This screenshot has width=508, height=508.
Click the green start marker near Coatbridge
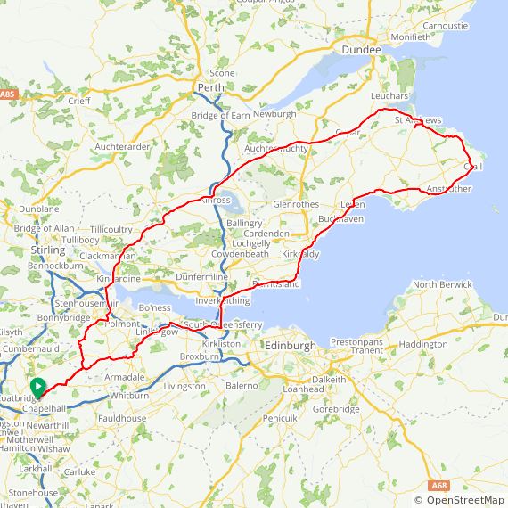pos(37,387)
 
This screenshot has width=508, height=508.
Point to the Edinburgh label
pos(291,346)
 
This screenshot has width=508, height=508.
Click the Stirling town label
pos(48,250)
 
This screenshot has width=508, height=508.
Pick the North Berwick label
pos(438,284)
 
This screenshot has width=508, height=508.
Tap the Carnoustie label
pos(446,26)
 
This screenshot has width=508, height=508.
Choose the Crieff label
pos(78,101)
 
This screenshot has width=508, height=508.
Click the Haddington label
pos(423,344)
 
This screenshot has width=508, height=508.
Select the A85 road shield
pos(8,94)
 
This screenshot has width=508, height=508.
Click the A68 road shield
pos(438,486)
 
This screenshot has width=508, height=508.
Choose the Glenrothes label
pos(296,204)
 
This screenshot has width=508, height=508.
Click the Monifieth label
pos(410,37)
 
